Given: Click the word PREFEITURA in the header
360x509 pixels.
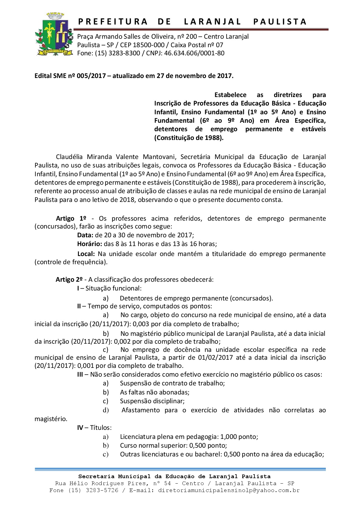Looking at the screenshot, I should (113, 22).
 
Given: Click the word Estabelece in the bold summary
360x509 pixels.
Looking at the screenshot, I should (231, 95).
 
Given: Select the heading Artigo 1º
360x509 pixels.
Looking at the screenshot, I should (71, 218).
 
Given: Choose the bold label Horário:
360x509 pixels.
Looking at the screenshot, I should (90, 244).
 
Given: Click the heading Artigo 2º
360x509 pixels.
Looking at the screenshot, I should (69, 279).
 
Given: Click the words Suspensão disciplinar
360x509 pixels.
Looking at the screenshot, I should (152, 401).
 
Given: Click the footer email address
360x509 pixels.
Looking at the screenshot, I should (229, 490).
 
